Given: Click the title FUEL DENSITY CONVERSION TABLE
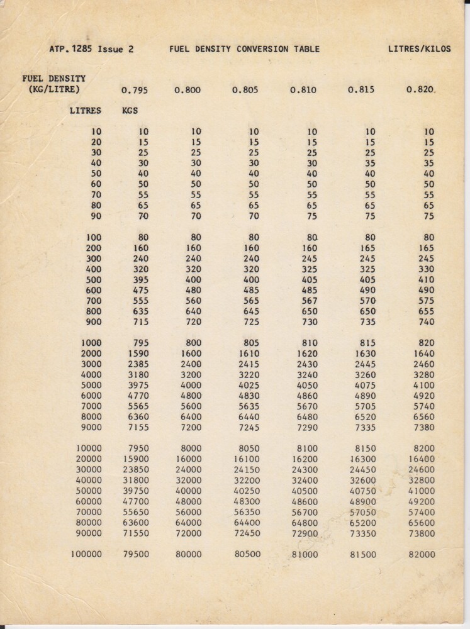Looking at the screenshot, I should coord(244,49).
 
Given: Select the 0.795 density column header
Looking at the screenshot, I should coord(135,90).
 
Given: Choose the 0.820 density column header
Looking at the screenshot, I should coord(420,89).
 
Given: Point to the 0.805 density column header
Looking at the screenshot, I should coord(245,90).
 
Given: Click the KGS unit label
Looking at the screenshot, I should coord(130,110).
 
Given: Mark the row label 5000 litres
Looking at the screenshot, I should coord(91,385).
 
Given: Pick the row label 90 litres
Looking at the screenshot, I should coord(96,216).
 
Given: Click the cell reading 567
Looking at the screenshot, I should coord(308,301).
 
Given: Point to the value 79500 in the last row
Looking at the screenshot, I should coord(135,555).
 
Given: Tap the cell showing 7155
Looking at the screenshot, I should coord(138,427).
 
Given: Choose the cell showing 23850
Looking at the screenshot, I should coord(135,469).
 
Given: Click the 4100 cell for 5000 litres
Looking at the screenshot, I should coord(423,385).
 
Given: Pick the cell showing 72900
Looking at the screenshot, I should coord(305,533).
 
